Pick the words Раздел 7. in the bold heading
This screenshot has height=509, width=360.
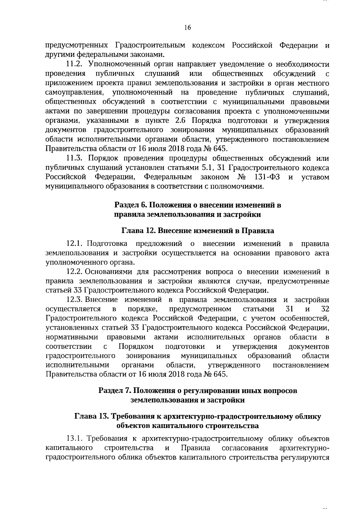coord(114,391)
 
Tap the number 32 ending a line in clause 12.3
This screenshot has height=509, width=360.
coord(325,309)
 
